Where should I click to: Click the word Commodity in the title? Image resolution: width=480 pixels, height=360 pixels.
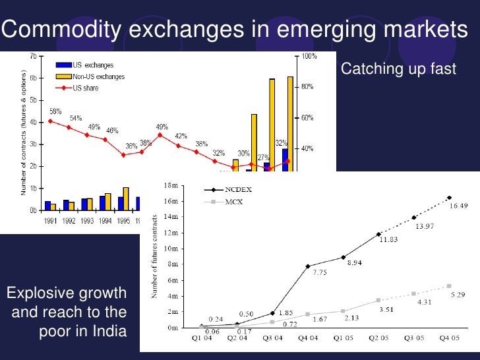[x=65, y=30]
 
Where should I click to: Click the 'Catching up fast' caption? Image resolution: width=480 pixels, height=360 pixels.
[x=398, y=69]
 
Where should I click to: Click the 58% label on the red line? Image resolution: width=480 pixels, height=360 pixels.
[x=55, y=111]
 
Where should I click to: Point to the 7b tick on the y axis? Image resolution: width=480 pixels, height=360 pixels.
[x=32, y=56]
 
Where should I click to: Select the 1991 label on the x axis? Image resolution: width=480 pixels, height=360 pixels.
[x=49, y=221]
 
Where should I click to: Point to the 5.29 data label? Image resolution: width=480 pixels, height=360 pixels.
[x=458, y=295]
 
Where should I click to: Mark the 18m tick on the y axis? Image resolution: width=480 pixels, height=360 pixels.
[x=171, y=186]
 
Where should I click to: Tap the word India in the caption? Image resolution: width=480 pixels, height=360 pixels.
[x=109, y=331]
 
